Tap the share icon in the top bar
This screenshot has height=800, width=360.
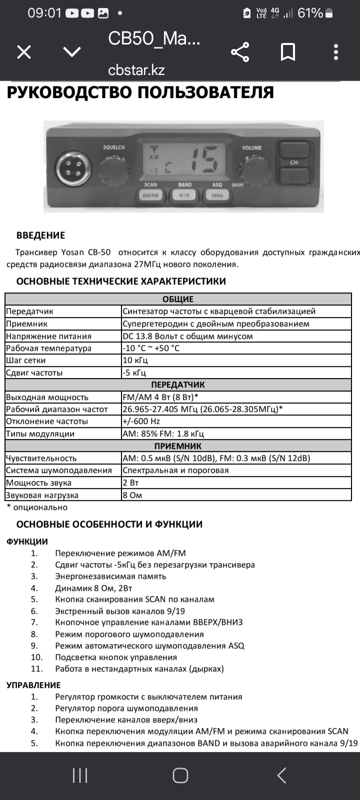pos(240,52)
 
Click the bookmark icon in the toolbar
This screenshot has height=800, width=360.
pos(288,52)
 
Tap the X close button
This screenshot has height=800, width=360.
pos(24,52)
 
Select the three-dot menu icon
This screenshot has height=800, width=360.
pos(336,52)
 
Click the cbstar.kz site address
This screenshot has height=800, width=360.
pos(136,70)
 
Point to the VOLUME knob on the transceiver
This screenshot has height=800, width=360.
pos(253,169)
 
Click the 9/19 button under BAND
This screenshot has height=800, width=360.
pos(184,195)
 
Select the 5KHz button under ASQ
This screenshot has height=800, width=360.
pos(216,195)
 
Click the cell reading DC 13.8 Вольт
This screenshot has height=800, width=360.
pos(187,336)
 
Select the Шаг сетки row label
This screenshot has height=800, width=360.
pos(26,360)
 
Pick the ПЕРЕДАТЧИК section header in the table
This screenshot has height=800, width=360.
pos(178,385)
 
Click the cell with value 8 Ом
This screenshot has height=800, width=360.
pos(132,495)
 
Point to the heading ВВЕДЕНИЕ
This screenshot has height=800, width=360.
pos(40,235)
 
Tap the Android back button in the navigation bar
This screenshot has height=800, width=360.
pos(281,775)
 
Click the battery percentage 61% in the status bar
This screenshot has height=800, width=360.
pos(310,13)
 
